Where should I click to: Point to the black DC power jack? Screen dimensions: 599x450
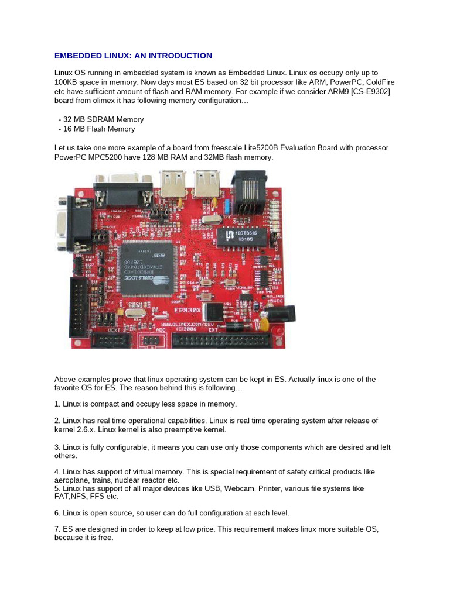coord(284,314)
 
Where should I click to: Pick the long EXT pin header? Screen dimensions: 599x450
coord(221,341)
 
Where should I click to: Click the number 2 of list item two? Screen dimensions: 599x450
coord(56,421)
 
